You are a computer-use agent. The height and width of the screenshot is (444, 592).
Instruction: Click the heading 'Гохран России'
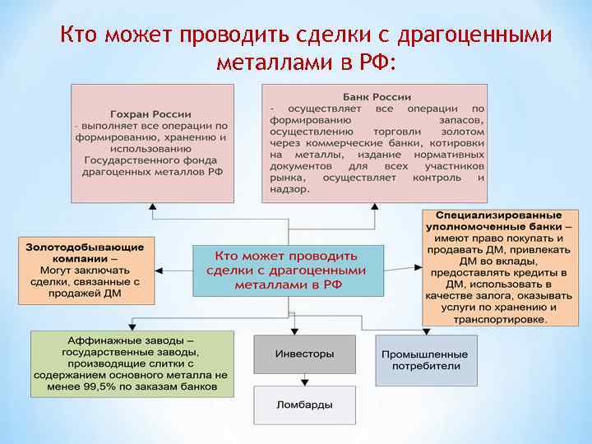[150, 113]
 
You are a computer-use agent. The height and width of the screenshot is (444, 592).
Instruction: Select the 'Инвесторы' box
[304, 354]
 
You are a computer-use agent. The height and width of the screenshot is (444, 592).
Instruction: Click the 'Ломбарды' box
[304, 404]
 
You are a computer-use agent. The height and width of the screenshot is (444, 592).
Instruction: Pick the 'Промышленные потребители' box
[425, 360]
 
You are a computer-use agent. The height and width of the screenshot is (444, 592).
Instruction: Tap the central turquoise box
[288, 270]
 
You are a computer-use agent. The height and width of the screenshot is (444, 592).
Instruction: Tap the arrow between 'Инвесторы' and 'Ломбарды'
[304, 380]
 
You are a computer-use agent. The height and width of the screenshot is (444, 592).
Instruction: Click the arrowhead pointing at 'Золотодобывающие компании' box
[160, 269]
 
